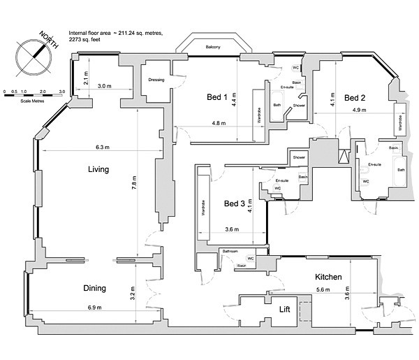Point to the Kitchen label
click(x=328, y=277)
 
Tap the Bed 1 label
click(x=217, y=96)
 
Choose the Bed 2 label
click(x=355, y=96)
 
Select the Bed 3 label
click(x=235, y=204)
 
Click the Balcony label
click(x=213, y=48)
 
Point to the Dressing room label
click(x=156, y=80)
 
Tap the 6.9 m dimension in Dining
click(x=94, y=308)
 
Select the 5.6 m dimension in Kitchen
click(x=323, y=289)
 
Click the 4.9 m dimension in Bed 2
click(x=360, y=110)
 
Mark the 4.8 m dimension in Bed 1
click(x=218, y=123)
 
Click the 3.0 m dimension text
click(x=104, y=85)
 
